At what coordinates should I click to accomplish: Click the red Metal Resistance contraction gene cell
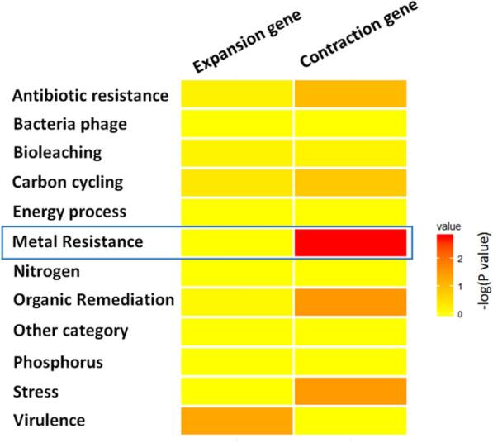point(351,242)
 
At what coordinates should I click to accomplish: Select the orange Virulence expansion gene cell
point(237,420)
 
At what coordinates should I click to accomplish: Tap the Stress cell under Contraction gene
point(351,390)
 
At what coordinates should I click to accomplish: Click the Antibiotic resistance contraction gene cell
point(351,94)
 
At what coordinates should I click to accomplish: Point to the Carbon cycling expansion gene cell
point(237,183)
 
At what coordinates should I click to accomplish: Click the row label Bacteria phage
point(69,124)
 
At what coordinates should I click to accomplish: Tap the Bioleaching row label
point(57,153)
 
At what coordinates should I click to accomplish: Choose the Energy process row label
point(69,212)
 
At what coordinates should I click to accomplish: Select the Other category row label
point(70,331)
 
